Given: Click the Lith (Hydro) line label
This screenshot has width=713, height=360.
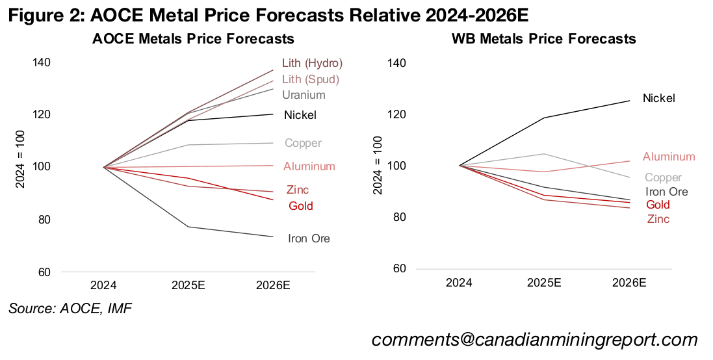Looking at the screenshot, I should point(312,63).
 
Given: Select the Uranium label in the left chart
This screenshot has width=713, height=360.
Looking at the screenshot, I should point(304,95).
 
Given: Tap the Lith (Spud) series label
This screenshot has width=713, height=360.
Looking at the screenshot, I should point(311,79).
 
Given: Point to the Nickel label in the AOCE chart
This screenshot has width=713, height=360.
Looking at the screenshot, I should point(300,115).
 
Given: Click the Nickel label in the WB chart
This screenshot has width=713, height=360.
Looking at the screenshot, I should point(659,98).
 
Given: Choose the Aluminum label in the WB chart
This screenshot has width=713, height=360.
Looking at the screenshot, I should point(669,157).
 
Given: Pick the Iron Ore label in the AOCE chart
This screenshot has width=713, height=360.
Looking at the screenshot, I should point(309,238).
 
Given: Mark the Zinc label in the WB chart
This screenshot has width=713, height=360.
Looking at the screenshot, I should point(658,219).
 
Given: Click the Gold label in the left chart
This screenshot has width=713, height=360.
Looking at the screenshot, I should point(301,206).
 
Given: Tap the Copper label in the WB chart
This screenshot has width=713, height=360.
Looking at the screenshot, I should point(663,177).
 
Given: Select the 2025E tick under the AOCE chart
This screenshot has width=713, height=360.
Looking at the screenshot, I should point(188,285).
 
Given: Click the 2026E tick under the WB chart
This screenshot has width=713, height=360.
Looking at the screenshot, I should point(629,283).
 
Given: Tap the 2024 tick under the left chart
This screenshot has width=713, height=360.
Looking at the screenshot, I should point(103,285).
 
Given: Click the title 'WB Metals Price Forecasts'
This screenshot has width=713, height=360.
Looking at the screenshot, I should point(543,39).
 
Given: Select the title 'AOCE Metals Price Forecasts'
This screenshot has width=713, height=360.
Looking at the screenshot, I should point(193,39).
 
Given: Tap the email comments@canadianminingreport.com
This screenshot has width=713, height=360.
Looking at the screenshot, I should point(534,339).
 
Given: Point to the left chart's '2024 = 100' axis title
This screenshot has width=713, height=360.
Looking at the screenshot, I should point(20,167).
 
